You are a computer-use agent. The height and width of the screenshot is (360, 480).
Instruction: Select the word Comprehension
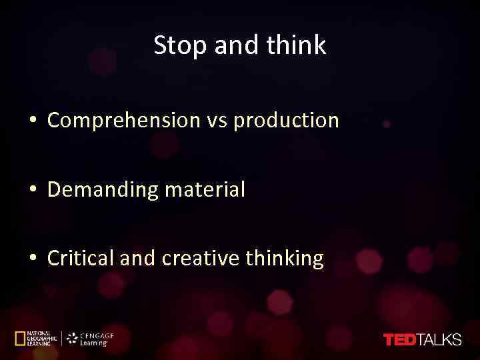click(124, 121)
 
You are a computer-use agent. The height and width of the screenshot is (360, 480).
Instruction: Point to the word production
click(287, 121)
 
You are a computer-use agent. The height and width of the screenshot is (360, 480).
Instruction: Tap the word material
click(205, 190)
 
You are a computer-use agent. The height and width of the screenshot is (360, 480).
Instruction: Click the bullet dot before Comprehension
click(32, 121)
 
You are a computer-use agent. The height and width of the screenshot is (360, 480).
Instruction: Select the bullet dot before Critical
click(32, 259)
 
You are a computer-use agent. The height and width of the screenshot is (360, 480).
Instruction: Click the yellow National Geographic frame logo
click(20, 339)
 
